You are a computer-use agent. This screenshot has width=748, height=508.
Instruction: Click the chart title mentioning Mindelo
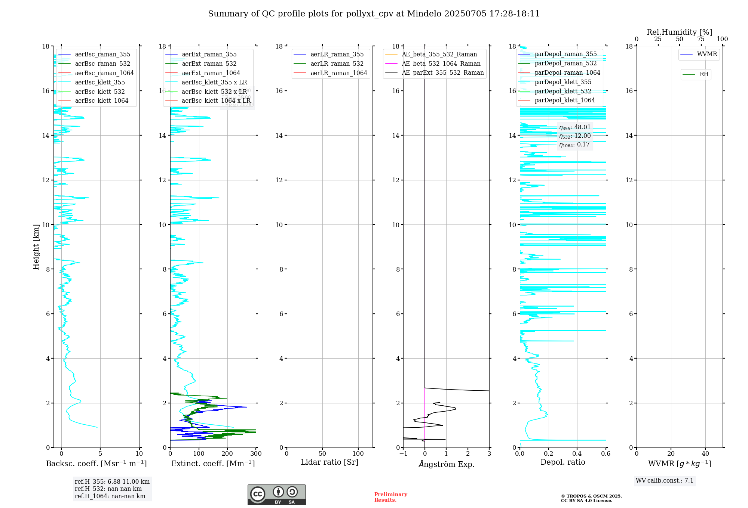click(374, 14)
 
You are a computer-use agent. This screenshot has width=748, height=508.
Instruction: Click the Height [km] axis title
click(36, 247)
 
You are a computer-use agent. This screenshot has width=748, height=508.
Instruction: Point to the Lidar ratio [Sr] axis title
click(329, 462)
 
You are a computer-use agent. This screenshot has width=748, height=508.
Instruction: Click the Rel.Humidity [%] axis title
click(679, 32)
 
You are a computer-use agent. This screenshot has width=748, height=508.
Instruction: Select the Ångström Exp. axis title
click(446, 464)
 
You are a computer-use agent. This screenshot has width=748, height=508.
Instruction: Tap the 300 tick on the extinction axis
click(256, 453)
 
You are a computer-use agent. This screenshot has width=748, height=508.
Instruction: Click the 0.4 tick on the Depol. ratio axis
click(577, 453)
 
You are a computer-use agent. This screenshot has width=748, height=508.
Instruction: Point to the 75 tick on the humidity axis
click(701, 39)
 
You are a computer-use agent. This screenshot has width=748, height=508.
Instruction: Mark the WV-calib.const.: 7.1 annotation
click(665, 480)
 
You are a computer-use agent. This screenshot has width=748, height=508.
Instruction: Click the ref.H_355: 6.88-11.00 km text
click(112, 481)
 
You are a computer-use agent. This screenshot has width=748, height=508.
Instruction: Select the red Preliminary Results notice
click(390, 497)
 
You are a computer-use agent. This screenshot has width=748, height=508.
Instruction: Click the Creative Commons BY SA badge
click(276, 495)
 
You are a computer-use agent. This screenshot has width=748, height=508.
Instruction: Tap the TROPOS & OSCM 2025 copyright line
click(591, 496)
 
